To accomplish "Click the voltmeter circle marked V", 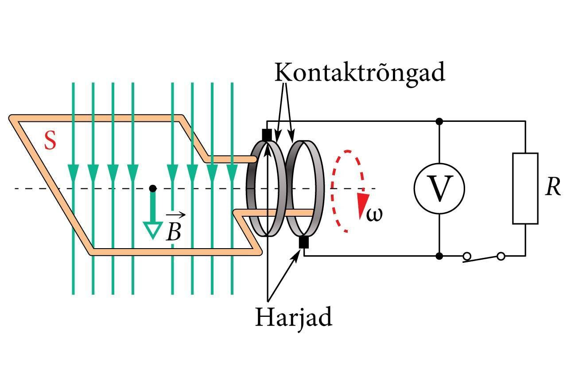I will (x=439, y=188).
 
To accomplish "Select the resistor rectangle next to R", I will (x=525, y=188).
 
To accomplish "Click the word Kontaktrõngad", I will (x=360, y=72).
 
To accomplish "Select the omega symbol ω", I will (x=374, y=214).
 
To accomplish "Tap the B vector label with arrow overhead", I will (x=174, y=227).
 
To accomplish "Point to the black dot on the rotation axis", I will (x=153, y=188).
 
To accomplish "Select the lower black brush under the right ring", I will (x=304, y=242).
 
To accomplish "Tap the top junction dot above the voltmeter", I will (x=439, y=121).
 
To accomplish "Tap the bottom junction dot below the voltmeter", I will (x=439, y=256).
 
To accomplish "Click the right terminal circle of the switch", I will (x=501, y=256).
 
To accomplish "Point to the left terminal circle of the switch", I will (x=466, y=256).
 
